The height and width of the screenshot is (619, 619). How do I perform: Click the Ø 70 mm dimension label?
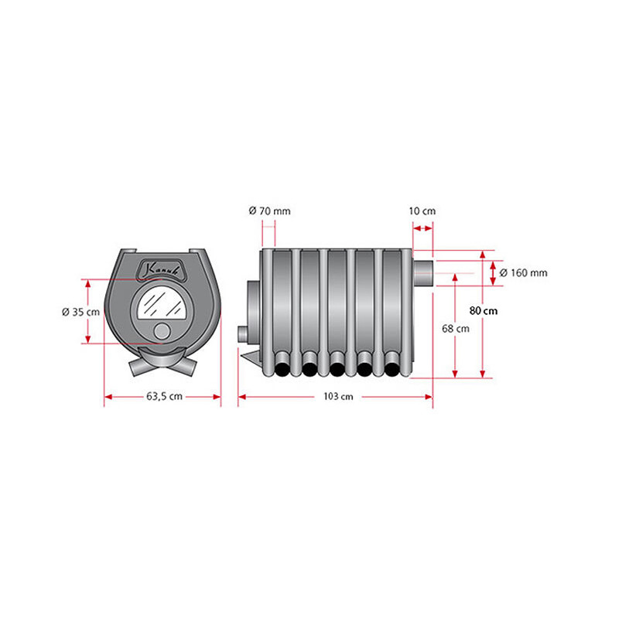coord(269,211)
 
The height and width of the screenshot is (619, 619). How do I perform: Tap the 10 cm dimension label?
coord(422,211)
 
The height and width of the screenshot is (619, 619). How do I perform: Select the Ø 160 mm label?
coord(524,273)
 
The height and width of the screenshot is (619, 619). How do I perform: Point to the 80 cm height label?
coord(484,311)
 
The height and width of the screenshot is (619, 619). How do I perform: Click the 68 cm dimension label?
coord(456,328)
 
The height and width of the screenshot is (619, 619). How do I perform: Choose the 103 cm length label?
coord(338,396)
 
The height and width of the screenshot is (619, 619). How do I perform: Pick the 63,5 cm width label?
coord(164,396)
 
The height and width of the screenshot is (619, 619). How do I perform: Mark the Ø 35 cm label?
coord(81,312)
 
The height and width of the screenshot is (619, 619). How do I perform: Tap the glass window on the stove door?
coord(162,303)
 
